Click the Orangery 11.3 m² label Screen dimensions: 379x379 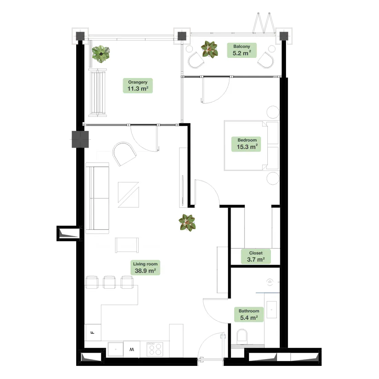point(138,85)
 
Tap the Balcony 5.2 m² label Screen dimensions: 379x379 point(242,50)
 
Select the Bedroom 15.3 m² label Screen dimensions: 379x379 point(246,144)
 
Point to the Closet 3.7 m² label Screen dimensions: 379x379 point(256,256)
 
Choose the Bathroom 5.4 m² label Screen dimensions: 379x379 point(249,315)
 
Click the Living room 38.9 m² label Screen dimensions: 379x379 point(145,268)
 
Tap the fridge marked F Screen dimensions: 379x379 point(93,332)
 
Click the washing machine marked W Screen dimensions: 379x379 point(132,349)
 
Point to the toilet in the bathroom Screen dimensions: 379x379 point(242,336)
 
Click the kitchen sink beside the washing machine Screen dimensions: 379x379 point(115,349)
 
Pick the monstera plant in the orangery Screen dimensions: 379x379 point(101,54)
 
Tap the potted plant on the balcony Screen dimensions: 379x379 point(209,50)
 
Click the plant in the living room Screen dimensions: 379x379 point(187,223)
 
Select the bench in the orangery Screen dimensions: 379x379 point(98,93)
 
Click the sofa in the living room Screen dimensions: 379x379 point(97,198)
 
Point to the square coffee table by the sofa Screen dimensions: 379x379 point(129,195)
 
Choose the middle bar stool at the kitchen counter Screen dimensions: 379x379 point(109,282)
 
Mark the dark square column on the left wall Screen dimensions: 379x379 point(80,140)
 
